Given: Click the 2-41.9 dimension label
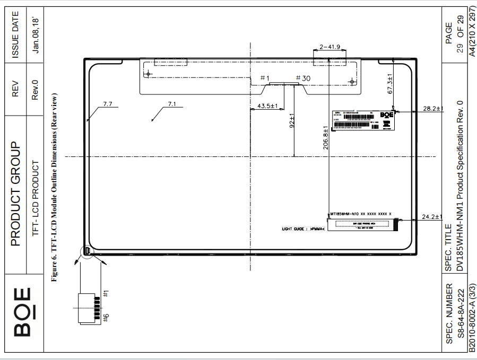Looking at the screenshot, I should [329, 47].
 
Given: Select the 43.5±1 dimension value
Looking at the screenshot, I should [267, 106].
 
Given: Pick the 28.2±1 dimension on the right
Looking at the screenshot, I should [433, 108].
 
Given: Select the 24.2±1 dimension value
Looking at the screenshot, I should [432, 216].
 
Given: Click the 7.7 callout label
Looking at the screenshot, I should [108, 104].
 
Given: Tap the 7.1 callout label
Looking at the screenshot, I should [171, 104].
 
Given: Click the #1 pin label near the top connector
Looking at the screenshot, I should [265, 78].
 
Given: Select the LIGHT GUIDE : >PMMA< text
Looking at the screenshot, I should [303, 229].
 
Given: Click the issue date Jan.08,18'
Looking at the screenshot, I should [36, 34].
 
